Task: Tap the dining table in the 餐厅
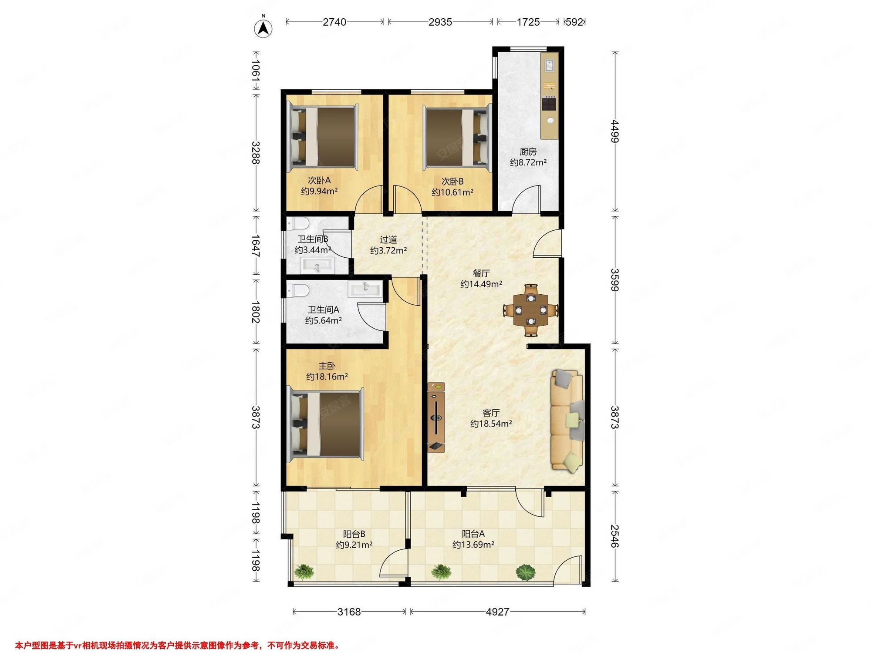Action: click(531, 310)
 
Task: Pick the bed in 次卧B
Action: click(457, 137)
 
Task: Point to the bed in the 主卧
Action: click(326, 424)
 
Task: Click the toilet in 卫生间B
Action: click(298, 224)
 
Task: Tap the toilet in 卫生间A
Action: click(298, 290)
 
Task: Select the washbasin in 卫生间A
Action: click(365, 289)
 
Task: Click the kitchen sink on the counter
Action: click(550, 65)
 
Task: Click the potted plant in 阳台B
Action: click(304, 572)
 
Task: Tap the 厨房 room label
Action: click(528, 152)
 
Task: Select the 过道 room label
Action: click(388, 239)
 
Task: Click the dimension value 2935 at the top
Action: click(440, 22)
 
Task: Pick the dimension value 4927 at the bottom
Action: click(497, 612)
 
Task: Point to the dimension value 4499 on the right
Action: click(614, 131)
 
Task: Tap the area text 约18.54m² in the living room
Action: click(491, 424)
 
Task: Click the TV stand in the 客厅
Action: click(436, 417)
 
